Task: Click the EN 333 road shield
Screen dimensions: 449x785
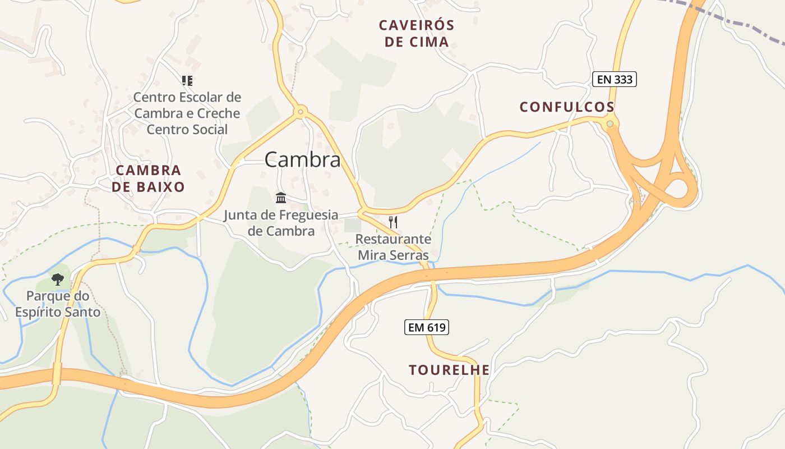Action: [x=614, y=79]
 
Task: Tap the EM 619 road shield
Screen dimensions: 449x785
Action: [x=426, y=327]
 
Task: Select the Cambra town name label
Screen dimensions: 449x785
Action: [x=302, y=160]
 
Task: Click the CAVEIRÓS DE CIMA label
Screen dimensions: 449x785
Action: [x=416, y=33]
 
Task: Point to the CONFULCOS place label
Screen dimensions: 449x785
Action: [x=567, y=107]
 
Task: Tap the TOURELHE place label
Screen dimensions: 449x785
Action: [x=449, y=370]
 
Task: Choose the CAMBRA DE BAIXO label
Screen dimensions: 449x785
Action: [x=148, y=178]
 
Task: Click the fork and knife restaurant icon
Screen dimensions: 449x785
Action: [x=393, y=222]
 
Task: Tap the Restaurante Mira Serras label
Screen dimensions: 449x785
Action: [x=393, y=248]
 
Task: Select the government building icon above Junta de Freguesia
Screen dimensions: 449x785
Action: [x=281, y=198]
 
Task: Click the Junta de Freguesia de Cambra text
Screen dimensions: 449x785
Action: [x=281, y=223]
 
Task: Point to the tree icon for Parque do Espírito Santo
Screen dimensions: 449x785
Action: [x=57, y=279]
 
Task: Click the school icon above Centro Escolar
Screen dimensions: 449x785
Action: [x=187, y=81]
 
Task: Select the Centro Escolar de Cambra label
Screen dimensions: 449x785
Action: [x=187, y=113]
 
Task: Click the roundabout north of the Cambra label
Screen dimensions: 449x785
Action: [x=301, y=112]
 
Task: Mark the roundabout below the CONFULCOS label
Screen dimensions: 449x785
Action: [x=610, y=123]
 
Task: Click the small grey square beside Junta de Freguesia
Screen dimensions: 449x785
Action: [x=352, y=226]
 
